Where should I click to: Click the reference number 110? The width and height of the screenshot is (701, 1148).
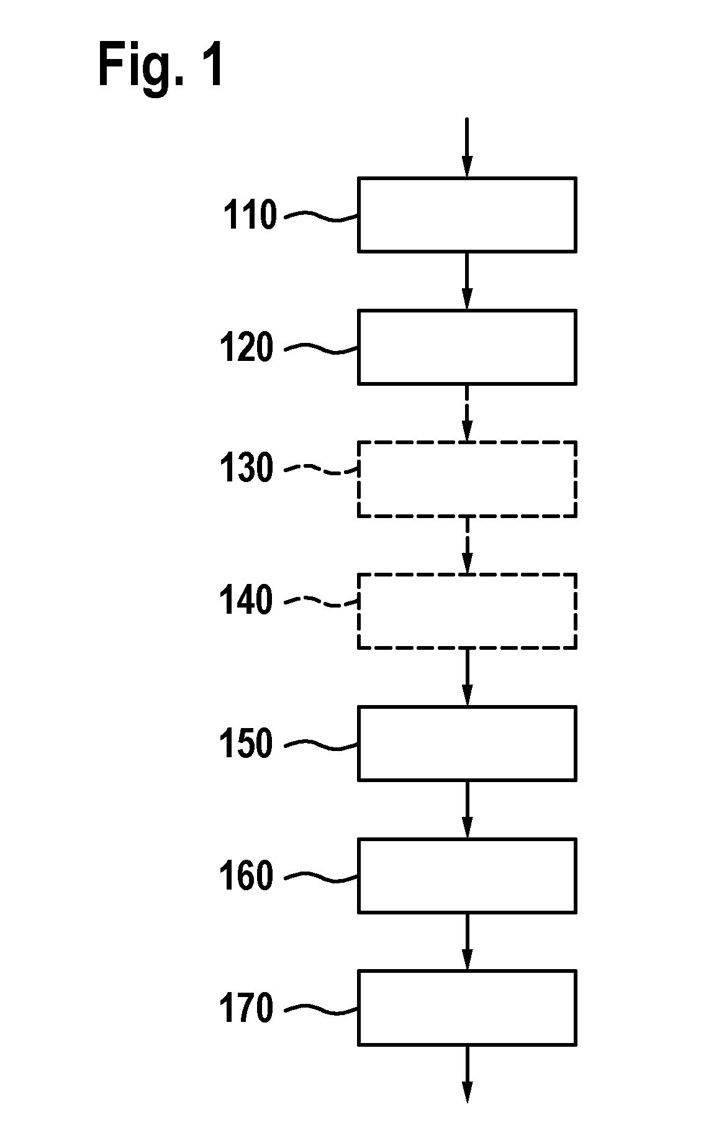coord(250,216)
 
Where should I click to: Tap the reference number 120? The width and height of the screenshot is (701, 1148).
coord(246,348)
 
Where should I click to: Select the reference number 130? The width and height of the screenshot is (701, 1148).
coord(246,468)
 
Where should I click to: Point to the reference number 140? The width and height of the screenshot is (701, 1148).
coord(246,601)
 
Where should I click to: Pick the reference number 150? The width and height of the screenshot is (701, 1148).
coord(246,744)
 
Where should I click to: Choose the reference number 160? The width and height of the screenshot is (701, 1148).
coord(246,876)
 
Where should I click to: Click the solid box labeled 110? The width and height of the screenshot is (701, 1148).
coord(467,214)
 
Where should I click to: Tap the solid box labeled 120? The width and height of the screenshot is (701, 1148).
coord(467,347)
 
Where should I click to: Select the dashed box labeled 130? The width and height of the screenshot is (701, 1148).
coord(467,479)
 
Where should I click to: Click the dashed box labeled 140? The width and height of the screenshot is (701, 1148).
coord(467,611)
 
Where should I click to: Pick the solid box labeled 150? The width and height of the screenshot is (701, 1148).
coord(467,743)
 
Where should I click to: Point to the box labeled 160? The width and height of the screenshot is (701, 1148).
coord(467,875)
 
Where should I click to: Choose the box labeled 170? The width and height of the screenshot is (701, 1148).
coord(467,1008)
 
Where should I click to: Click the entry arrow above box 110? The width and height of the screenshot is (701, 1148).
coord(467,147)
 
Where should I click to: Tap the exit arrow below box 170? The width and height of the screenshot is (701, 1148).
coord(467,1074)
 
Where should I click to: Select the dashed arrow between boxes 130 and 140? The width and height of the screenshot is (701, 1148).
coord(467,545)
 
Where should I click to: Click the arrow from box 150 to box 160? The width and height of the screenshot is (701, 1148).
coord(467,809)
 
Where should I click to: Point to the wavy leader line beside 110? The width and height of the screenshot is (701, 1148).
coord(320,216)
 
